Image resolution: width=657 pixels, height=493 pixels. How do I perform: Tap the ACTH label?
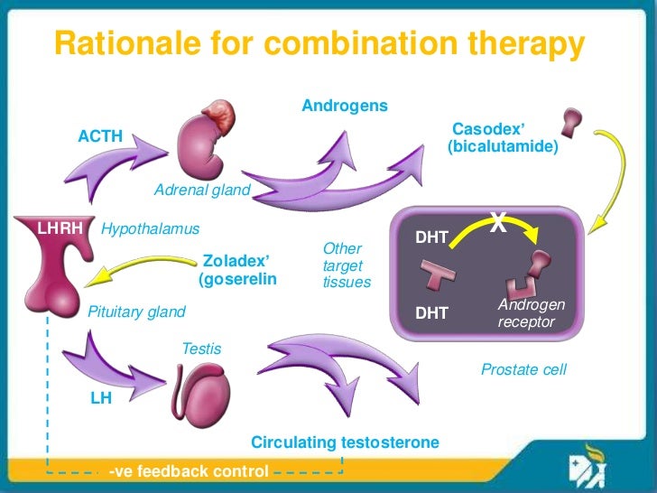click(100, 137)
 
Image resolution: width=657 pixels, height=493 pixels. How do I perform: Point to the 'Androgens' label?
click(345, 107)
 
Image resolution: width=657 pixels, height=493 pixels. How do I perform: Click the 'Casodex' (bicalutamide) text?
click(502, 137)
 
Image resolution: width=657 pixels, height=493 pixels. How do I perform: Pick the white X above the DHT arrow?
click(497, 220)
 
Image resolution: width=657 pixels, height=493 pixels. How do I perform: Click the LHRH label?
click(60, 228)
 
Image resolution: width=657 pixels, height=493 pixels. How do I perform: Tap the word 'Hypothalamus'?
click(150, 229)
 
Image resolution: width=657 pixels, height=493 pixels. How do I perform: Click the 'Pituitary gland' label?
click(136, 312)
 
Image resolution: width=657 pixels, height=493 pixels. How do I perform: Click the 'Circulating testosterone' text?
click(345, 442)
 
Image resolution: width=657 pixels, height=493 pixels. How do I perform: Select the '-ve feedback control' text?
click(188, 471)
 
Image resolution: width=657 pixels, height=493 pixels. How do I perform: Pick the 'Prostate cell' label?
click(524, 369)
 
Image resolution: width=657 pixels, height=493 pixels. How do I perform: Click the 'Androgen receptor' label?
click(531, 313)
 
